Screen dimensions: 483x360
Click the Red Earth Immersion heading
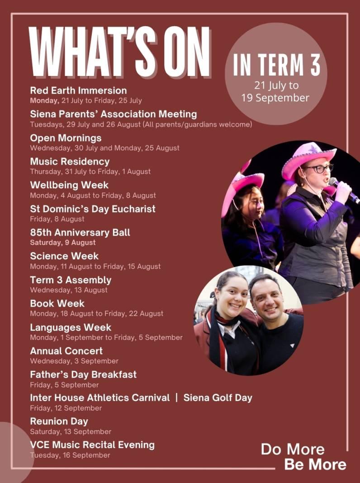pos(78,90)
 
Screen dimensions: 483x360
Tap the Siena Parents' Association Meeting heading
pos(113,114)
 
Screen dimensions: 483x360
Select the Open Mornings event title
pos(66,138)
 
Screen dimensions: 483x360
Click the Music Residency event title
pos(70,161)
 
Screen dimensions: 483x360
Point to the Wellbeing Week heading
pos(69,185)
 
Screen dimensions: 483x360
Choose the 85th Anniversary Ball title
pos(80,232)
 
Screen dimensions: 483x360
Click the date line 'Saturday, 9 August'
pos(57,242)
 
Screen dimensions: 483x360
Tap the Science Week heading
pos(64,256)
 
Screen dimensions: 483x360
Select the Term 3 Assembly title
pos(71,280)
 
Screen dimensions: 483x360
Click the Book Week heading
pos(57,303)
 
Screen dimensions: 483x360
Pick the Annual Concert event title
pos(66,351)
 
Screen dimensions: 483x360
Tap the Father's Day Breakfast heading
pos(83,374)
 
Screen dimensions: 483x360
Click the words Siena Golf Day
pos(218,398)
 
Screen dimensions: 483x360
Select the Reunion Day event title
pos(59,421)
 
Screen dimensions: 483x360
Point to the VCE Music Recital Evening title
pos(92,445)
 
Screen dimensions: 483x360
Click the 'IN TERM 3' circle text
pos(276,66)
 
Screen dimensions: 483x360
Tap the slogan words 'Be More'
pos(315,464)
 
